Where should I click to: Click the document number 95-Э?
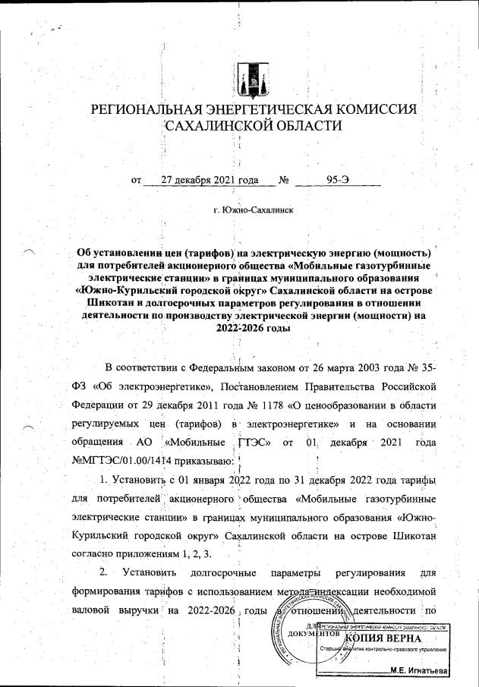[x=337, y=181]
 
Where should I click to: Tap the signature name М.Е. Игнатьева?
[x=418, y=670]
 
